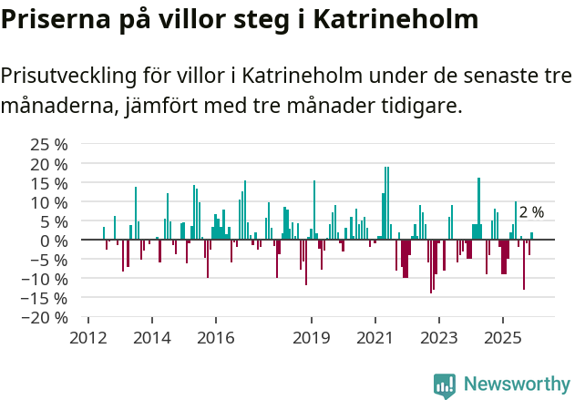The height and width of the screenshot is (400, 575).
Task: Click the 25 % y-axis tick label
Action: [x=50, y=145]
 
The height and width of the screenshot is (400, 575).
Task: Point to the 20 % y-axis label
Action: [x=50, y=164]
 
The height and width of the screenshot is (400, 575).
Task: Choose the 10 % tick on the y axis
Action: [x=50, y=202]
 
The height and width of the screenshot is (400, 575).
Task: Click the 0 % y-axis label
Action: [x=55, y=241]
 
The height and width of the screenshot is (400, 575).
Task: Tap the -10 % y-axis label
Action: [x=47, y=279]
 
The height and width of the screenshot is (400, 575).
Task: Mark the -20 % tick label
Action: [x=47, y=317]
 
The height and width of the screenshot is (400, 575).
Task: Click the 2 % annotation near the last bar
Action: [x=531, y=212]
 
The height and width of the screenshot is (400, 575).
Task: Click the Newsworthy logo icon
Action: [x=444, y=385]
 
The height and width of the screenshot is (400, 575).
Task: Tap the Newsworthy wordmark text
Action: [x=516, y=385]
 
